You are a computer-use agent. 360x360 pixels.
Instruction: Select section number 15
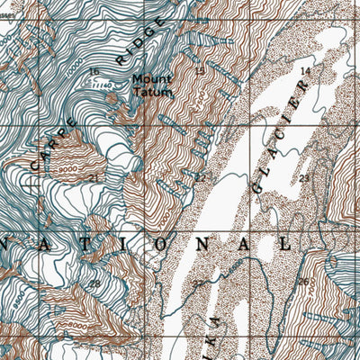point(199,70)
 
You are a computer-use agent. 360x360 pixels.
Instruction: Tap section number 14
point(304,70)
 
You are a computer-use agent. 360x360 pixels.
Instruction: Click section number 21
point(94,177)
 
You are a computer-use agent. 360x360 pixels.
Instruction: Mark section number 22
point(200,177)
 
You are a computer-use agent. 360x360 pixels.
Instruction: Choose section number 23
point(304,177)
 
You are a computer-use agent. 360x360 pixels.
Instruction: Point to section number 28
point(94,283)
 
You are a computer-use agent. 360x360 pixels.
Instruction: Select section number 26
point(304,282)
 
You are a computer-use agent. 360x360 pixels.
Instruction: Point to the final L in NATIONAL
point(285,244)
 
